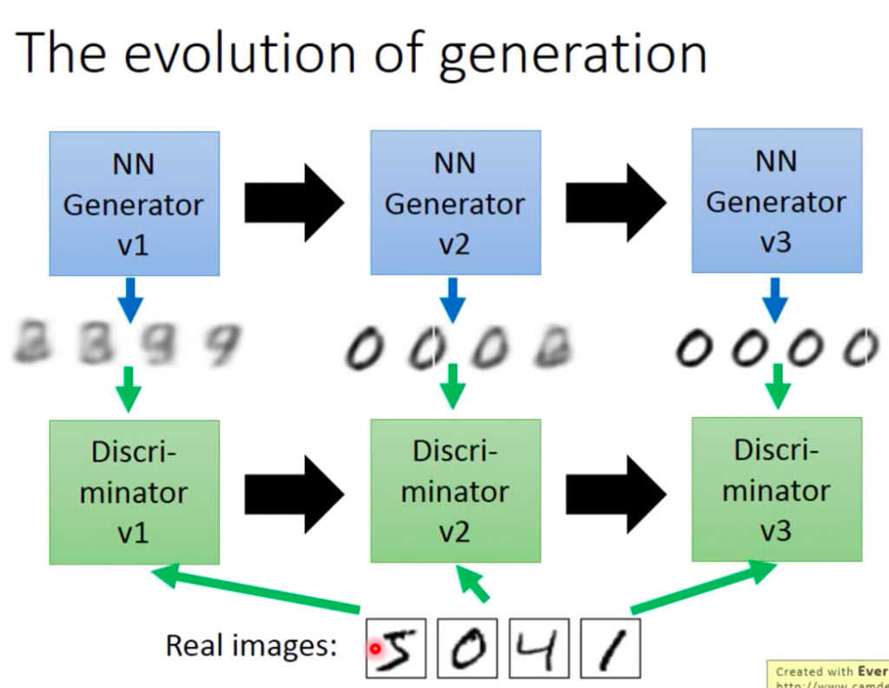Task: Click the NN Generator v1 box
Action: point(134,203)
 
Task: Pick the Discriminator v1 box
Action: point(134,492)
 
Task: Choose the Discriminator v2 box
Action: point(455,491)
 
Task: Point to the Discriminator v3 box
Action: point(776,489)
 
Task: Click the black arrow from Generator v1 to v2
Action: point(293,204)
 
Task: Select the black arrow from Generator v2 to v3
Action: point(615,204)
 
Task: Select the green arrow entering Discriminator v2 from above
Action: point(451,386)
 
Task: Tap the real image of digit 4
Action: point(538,648)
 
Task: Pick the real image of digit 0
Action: point(467,648)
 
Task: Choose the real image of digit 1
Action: point(609,648)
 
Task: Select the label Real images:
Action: point(251,645)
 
